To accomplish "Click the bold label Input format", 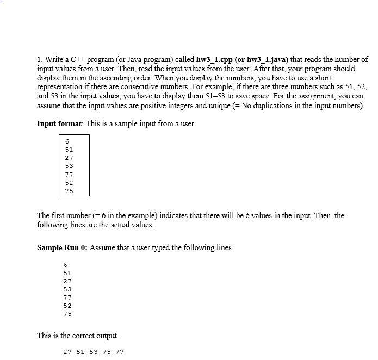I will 59,124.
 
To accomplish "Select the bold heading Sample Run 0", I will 61,248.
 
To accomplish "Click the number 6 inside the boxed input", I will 66,141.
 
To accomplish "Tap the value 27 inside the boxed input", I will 69,158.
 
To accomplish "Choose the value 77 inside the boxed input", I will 69,175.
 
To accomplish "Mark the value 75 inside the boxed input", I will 69,191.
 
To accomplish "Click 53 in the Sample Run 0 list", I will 67,289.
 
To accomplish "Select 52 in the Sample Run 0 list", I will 67,306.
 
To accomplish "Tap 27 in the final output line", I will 67,352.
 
